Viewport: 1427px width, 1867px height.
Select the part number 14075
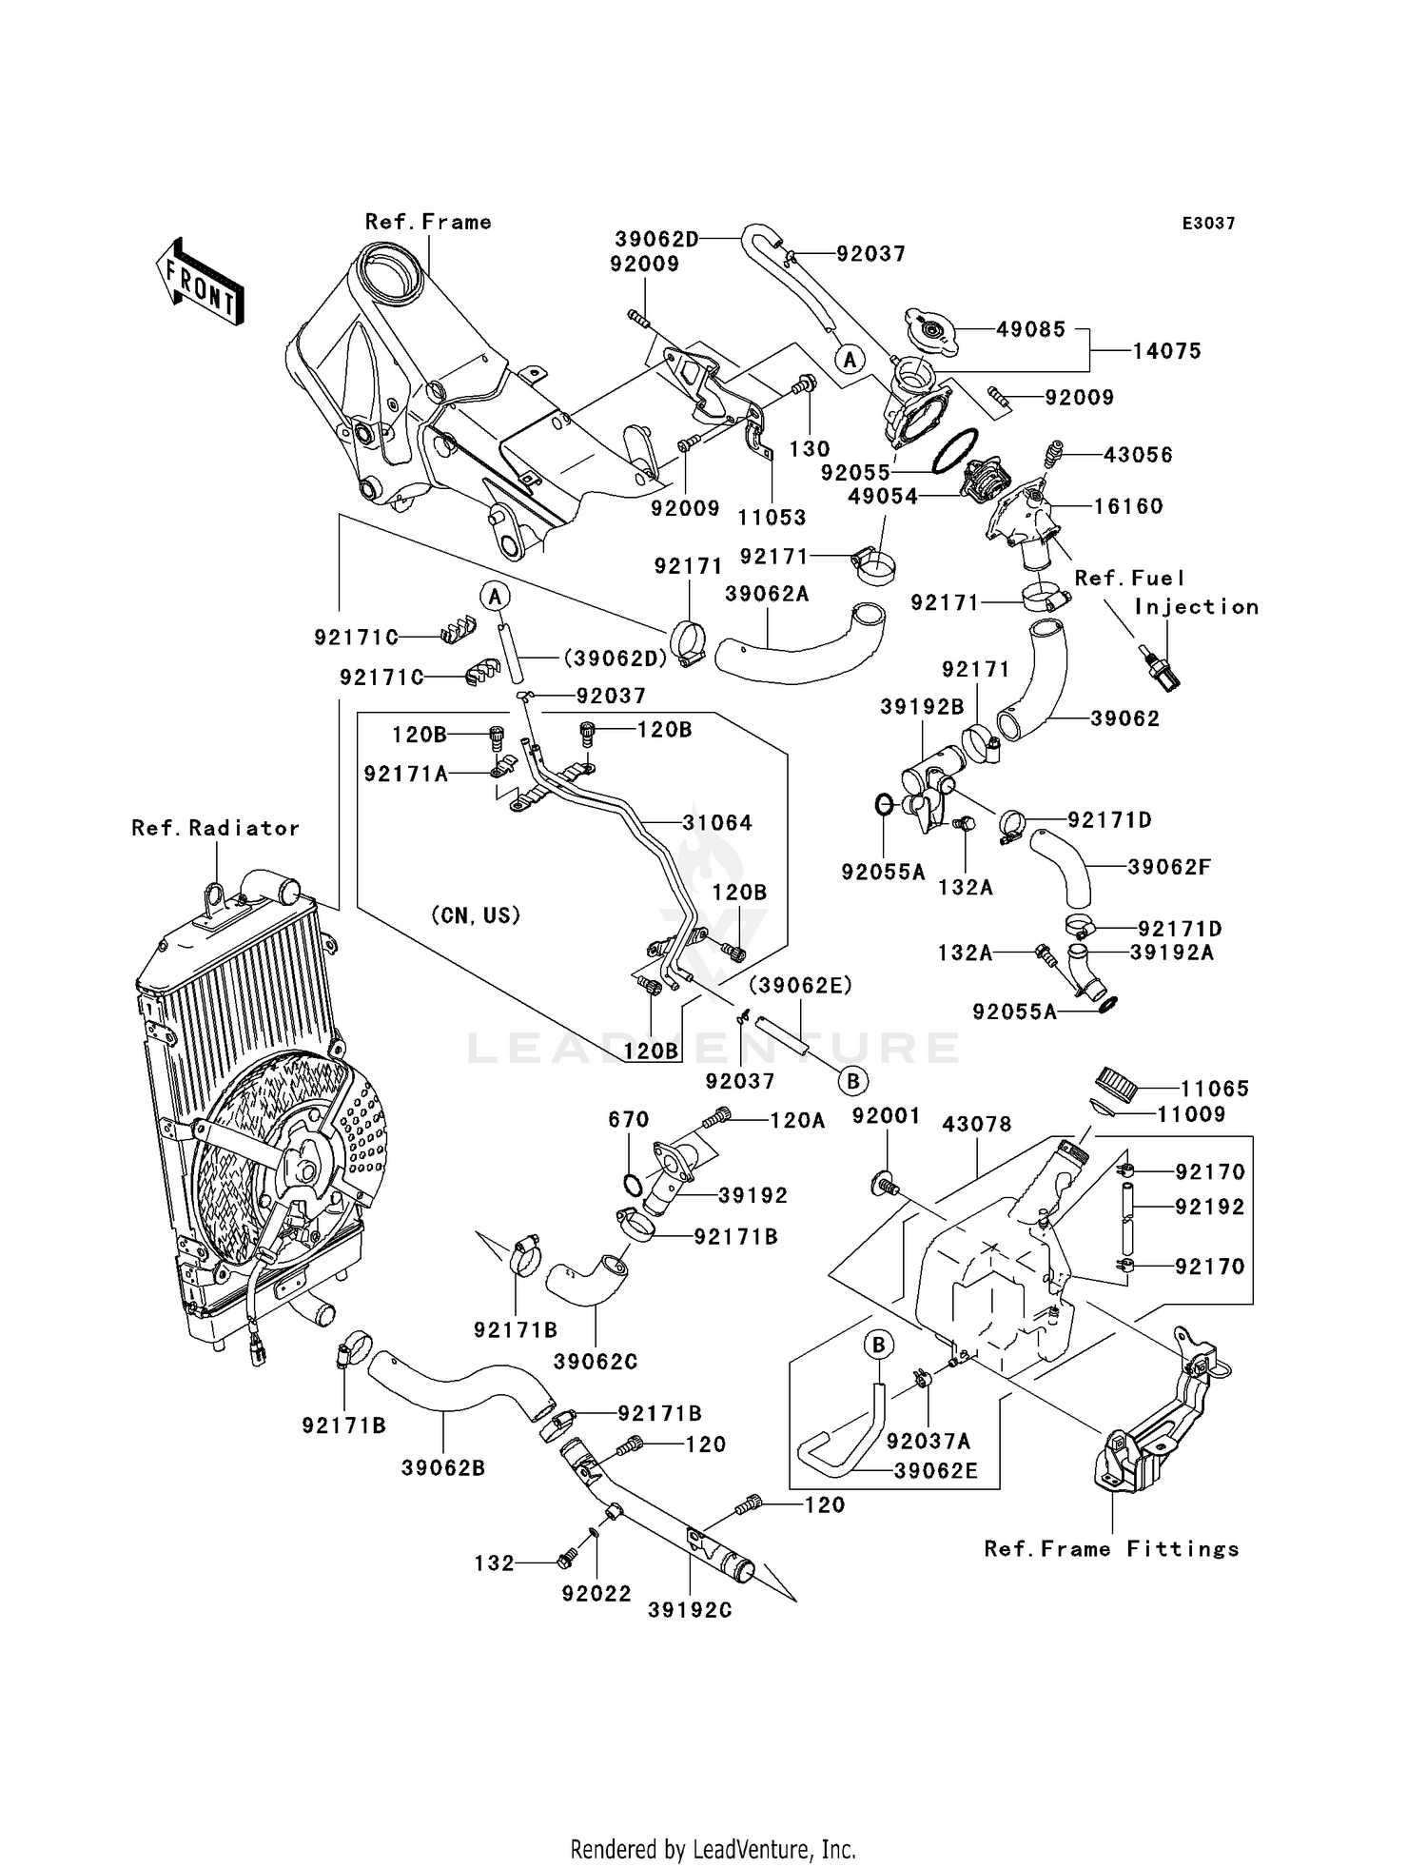point(1166,351)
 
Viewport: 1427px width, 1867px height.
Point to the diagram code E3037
point(1208,224)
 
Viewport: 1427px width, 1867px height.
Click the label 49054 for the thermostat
point(883,497)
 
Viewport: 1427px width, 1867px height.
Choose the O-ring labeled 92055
point(955,450)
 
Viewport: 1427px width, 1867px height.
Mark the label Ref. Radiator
point(216,829)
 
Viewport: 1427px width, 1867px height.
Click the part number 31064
point(717,823)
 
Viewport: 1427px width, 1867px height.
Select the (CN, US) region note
point(476,915)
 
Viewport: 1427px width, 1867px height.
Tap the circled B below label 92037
point(853,1081)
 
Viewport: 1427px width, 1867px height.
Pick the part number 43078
point(977,1125)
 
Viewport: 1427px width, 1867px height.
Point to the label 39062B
point(443,1468)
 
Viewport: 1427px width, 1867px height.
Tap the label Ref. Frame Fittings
point(1112,1549)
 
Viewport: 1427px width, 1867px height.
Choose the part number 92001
point(886,1115)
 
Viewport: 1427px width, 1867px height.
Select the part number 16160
point(1128,506)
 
